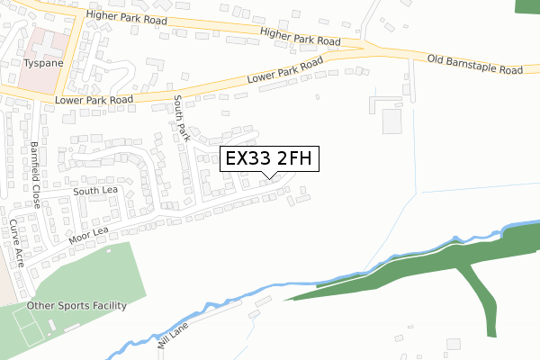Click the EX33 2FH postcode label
coord(268,159)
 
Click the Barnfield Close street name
coord(35,175)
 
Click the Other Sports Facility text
coord(76,305)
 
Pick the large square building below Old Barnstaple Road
coord(392,121)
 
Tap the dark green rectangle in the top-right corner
coord(526,5)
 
